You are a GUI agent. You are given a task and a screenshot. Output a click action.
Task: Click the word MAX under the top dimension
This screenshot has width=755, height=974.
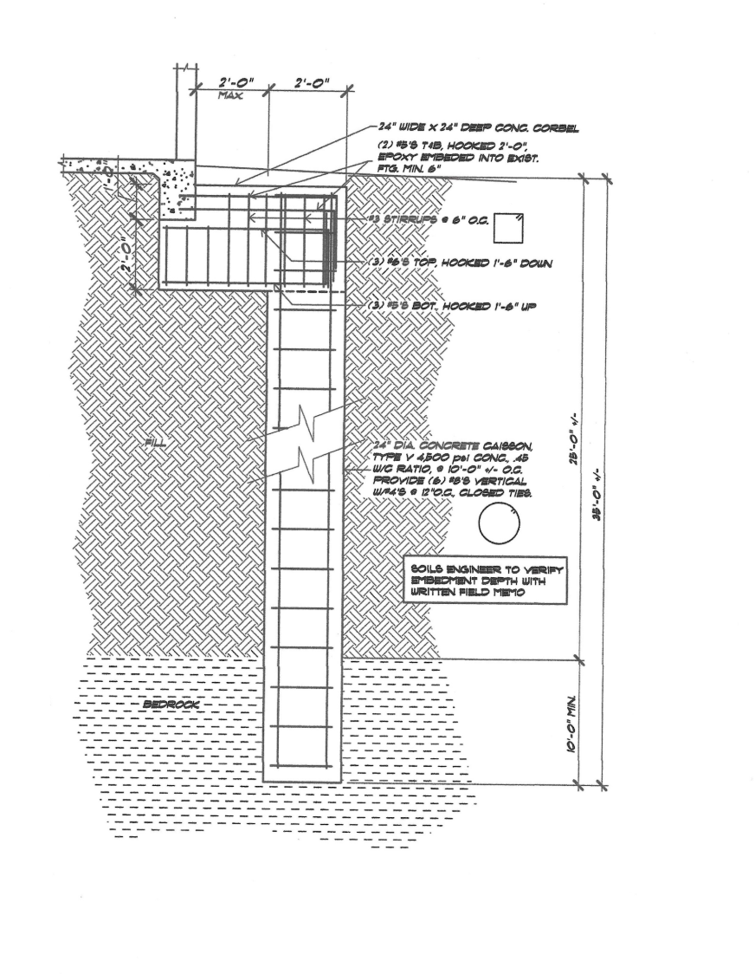pos(230,96)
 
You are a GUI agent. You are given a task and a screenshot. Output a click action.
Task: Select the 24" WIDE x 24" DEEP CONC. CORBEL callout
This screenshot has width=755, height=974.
pos(478,128)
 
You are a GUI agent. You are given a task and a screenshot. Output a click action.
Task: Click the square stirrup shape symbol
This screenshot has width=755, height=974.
pos(507,228)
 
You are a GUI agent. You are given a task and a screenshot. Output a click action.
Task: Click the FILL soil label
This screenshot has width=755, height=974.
pos(158,444)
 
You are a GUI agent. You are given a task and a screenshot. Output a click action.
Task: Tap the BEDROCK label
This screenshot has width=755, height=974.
pos(170,705)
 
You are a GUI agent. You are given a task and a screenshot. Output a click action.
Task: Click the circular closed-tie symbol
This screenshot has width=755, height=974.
pos(500,525)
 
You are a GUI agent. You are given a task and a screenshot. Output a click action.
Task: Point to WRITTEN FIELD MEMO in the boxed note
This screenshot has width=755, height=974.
pos(468,594)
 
